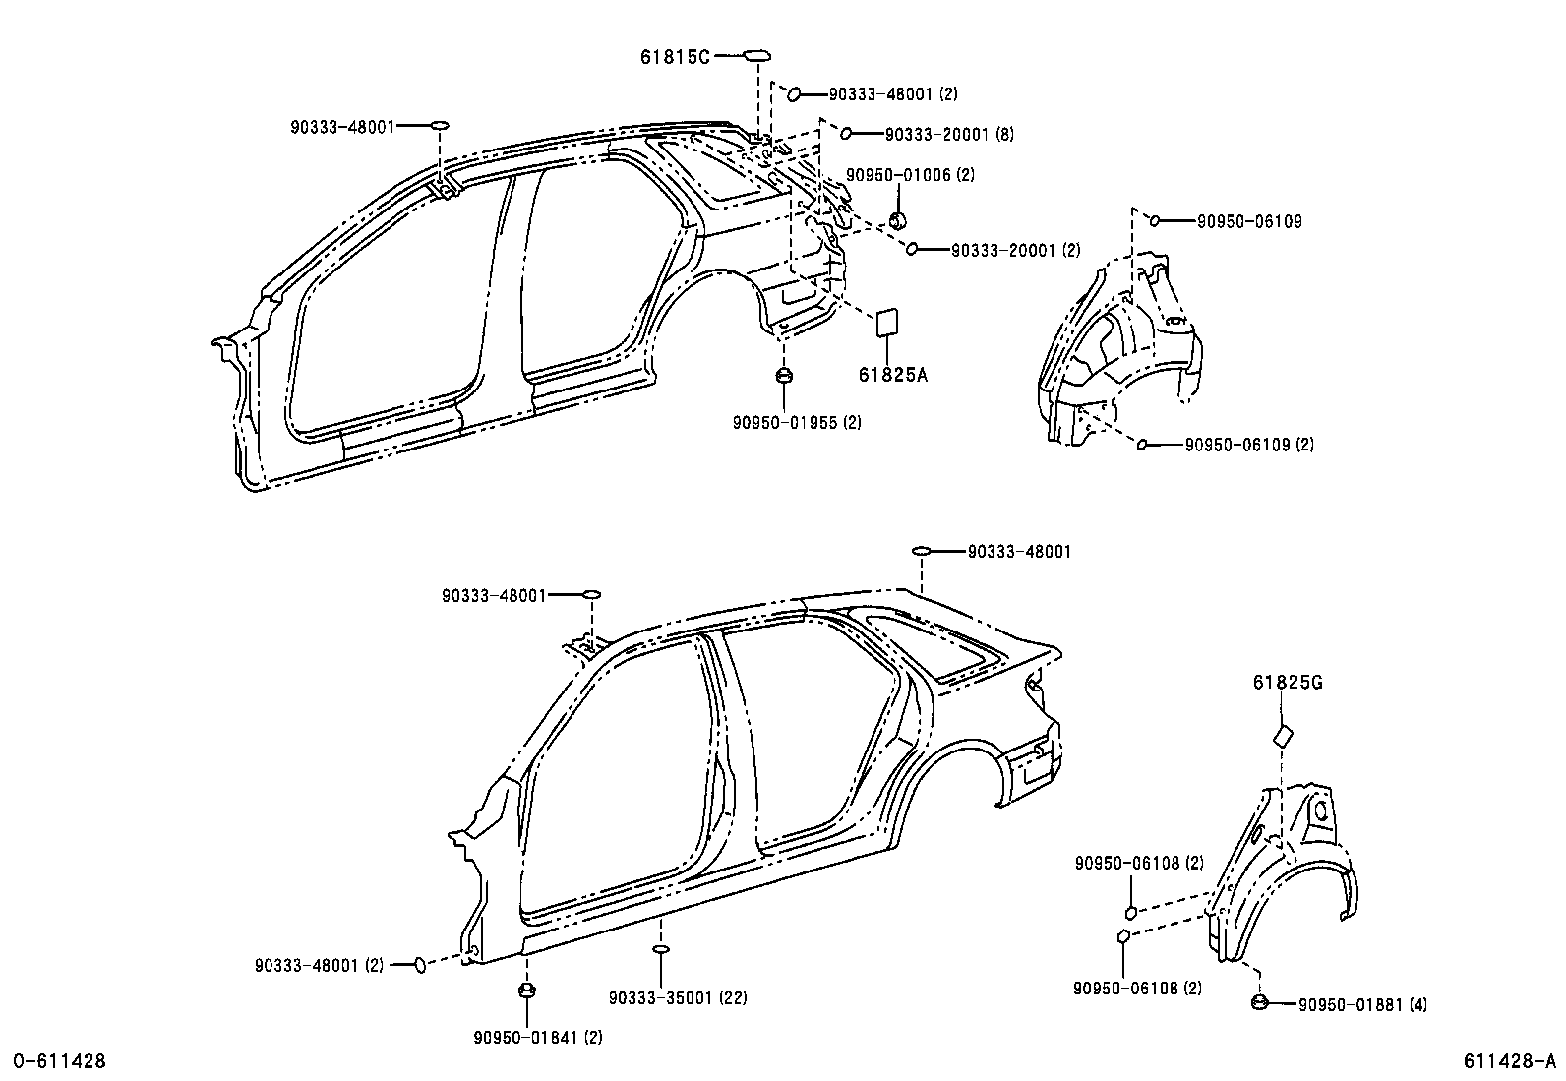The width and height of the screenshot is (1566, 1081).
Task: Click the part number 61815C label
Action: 675,57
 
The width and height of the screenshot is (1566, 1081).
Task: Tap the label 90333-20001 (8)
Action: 949,134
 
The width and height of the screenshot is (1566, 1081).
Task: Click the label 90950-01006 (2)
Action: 911,175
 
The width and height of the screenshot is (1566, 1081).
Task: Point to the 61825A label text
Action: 892,375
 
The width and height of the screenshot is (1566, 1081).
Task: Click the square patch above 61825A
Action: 887,321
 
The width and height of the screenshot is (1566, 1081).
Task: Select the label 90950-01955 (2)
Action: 797,422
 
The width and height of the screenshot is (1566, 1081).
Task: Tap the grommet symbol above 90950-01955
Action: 784,375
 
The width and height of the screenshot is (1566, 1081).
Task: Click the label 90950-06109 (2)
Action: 1248,445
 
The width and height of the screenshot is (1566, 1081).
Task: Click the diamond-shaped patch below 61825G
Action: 1283,736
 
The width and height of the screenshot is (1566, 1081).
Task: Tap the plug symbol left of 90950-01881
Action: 1258,1002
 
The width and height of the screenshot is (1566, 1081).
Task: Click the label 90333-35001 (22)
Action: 677,997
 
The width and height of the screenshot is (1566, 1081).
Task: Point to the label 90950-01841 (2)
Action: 537,1037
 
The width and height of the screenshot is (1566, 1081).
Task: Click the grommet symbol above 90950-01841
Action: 526,990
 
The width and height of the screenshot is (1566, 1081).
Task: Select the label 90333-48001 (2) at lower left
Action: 318,966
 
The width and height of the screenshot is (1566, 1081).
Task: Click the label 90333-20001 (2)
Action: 1015,251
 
